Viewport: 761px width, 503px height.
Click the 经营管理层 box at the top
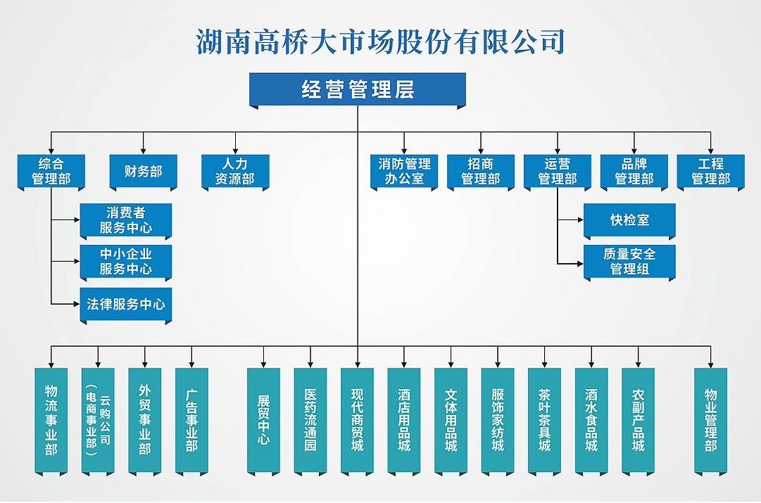(x=358, y=89)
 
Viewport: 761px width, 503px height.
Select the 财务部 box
(x=143, y=171)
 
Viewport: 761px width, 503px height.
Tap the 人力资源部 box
(x=235, y=171)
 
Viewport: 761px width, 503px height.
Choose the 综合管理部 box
(x=51, y=171)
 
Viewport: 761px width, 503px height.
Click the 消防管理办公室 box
(x=404, y=171)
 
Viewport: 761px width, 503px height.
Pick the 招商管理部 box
(x=481, y=171)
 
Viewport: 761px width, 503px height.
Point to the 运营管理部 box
(x=558, y=171)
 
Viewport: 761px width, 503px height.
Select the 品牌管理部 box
(x=634, y=171)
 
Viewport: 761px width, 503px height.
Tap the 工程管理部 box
(x=711, y=171)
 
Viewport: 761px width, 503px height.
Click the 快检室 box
(x=629, y=220)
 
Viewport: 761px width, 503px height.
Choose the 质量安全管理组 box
(x=629, y=261)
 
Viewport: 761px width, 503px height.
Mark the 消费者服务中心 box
(x=125, y=220)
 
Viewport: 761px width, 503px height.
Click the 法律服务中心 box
(x=125, y=305)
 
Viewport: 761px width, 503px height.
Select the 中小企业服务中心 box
(x=125, y=261)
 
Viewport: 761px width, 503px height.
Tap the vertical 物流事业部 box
(x=51, y=420)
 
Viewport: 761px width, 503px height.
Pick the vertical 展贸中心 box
(x=263, y=420)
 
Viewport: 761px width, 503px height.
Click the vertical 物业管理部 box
(x=710, y=420)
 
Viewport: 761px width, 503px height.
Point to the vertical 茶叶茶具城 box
(x=544, y=420)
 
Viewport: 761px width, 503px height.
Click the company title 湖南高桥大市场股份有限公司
(x=381, y=42)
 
